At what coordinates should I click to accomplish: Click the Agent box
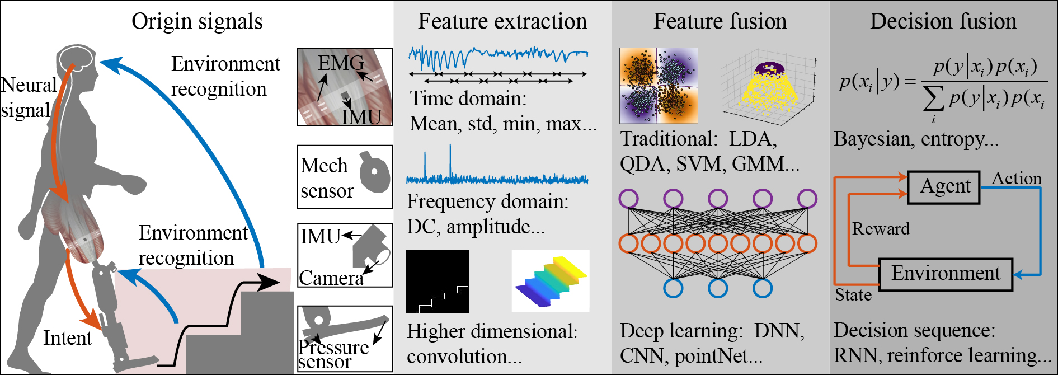click(944, 187)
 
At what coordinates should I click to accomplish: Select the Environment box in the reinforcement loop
click(946, 274)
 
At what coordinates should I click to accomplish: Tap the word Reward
click(881, 228)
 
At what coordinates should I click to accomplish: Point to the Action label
click(1016, 179)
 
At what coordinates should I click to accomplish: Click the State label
click(853, 295)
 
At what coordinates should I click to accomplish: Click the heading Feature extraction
click(502, 21)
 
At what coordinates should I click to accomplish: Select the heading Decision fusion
click(943, 21)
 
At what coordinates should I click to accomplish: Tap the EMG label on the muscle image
click(340, 63)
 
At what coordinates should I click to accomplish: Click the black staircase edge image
click(437, 281)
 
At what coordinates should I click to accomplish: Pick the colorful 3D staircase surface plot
click(551, 281)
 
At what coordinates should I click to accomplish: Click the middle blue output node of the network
click(718, 288)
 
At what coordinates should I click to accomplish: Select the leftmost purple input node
click(629, 198)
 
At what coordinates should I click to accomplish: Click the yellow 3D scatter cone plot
click(768, 87)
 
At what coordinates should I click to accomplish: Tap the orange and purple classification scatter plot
click(659, 86)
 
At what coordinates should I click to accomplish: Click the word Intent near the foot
click(67, 338)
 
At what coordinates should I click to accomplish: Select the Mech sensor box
click(345, 177)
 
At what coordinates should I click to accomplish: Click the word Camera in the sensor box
click(331, 278)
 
